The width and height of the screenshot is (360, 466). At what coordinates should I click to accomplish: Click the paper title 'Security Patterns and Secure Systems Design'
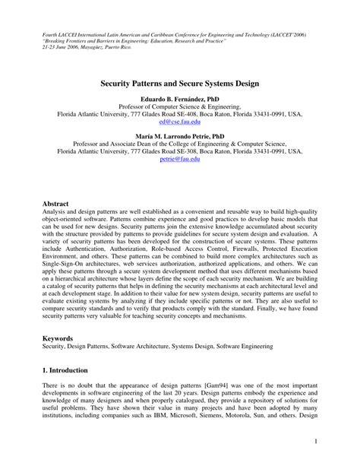pos(179,78)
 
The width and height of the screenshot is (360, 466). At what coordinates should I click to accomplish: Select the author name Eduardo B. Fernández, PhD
pos(179,99)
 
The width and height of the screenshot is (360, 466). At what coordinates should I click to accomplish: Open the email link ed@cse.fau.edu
pos(179,122)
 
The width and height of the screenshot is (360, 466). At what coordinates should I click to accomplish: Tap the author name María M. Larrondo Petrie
pos(179,135)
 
